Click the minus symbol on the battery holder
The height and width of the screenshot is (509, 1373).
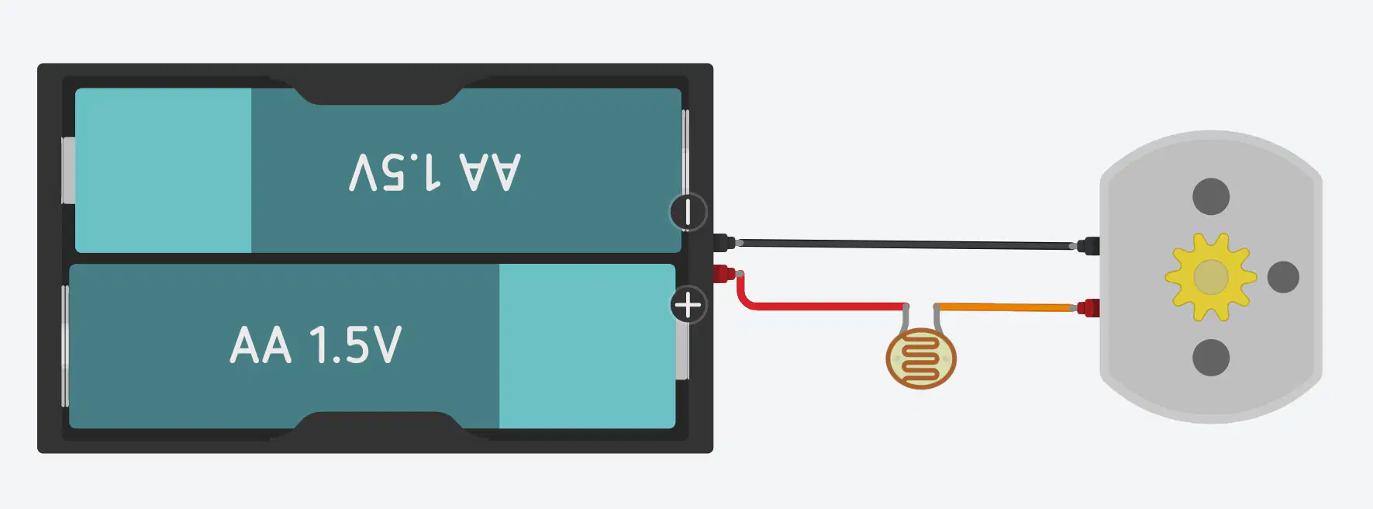[688, 212]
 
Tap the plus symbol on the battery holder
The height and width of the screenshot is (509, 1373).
[688, 305]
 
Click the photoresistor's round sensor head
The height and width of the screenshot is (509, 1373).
[921, 358]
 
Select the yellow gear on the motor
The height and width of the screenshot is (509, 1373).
[1210, 277]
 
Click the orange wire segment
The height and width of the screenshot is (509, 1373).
[1006, 307]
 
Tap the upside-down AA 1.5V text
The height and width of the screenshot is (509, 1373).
[435, 171]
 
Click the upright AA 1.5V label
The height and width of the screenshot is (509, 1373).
[316, 345]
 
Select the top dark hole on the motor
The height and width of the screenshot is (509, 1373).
[1211, 196]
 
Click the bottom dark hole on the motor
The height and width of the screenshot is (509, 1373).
[1211, 358]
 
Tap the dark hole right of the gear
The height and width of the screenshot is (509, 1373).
[1283, 277]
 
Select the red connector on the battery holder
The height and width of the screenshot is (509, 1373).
[725, 273]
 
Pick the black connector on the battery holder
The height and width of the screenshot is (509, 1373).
[725, 242]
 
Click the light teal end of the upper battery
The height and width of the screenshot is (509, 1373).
[163, 171]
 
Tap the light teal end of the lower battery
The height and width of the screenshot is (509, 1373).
[587, 346]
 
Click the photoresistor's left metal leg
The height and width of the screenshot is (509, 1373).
[906, 318]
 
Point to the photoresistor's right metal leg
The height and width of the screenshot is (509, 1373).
[937, 318]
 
